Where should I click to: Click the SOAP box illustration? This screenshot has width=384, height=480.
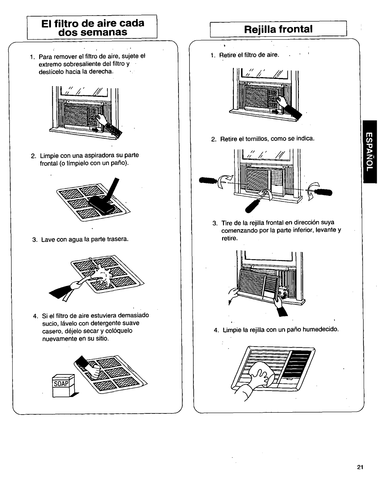click(63, 386)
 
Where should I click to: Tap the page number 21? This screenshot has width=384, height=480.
click(360, 467)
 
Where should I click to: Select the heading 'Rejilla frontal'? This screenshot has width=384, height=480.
click(278, 29)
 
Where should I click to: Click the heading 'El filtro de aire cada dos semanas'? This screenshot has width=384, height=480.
click(92, 27)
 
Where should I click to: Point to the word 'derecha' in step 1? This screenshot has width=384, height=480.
click(102, 72)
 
